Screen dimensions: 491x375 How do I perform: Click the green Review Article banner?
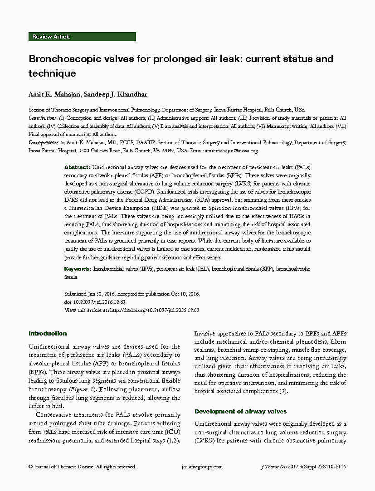pos(82,37)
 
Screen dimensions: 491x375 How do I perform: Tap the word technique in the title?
pos(52,73)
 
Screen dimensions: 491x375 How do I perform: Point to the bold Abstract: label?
pos(77,167)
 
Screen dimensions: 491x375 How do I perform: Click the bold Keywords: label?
pos(78,269)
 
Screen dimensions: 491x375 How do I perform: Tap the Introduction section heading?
pos(48,334)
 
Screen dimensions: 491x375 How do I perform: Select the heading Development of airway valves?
pos(240,412)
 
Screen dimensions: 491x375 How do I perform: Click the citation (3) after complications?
pos(283,391)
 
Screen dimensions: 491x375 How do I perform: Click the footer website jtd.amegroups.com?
pos(202,467)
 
